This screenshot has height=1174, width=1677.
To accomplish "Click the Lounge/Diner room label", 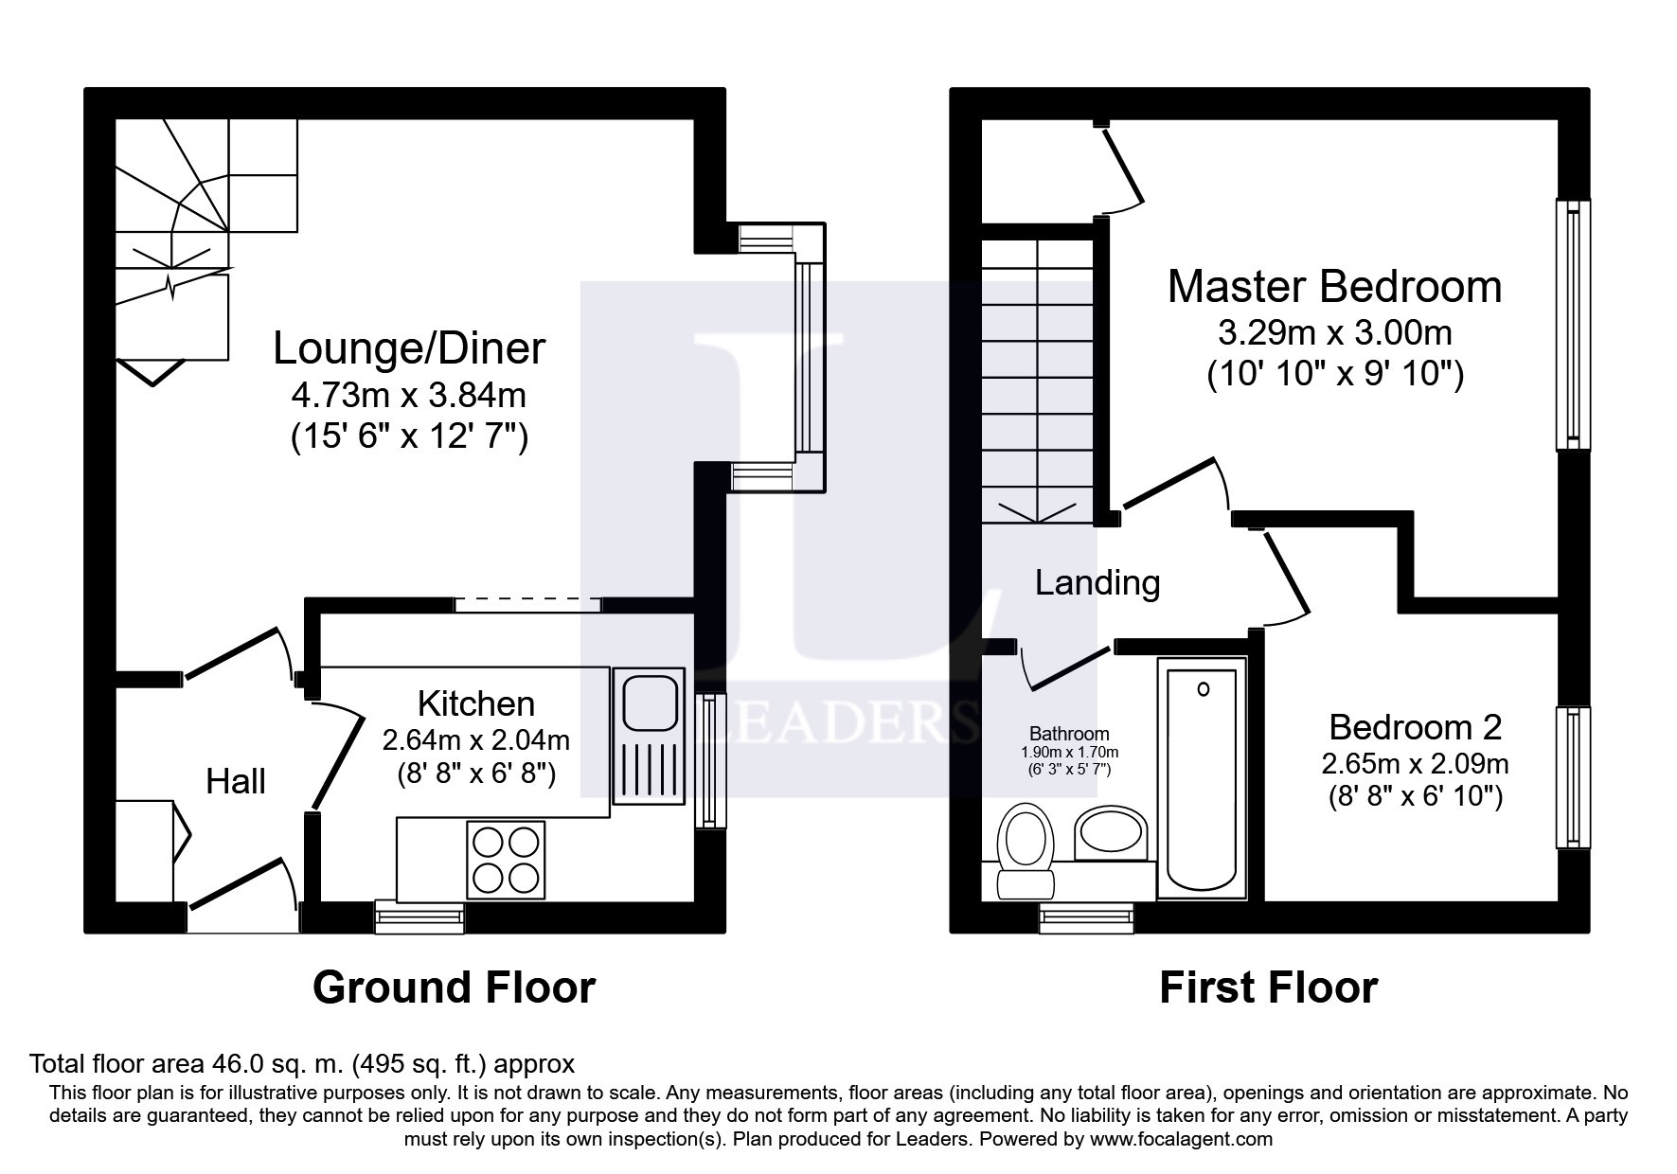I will pyautogui.click(x=409, y=348).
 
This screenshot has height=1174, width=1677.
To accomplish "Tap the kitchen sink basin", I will pyautogui.click(x=648, y=704).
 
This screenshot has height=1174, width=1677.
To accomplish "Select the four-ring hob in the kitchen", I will pyautogui.click(x=506, y=860).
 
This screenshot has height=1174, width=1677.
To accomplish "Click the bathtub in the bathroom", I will pyautogui.click(x=1202, y=781).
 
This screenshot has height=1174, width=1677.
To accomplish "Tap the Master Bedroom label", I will pyautogui.click(x=1333, y=287).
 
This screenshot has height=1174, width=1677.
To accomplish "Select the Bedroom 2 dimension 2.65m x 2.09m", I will pyautogui.click(x=1415, y=763).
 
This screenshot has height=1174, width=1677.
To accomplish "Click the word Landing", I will pyautogui.click(x=1097, y=582).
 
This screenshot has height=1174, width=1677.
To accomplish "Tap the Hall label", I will pyautogui.click(x=236, y=782).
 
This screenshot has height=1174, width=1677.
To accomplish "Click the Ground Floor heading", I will pyautogui.click(x=454, y=987).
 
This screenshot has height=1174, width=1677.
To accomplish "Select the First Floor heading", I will pyautogui.click(x=1267, y=987).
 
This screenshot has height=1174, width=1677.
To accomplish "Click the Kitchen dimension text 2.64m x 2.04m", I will pyautogui.click(x=475, y=738).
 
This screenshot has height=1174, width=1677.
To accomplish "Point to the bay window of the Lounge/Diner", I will pyautogui.click(x=811, y=358).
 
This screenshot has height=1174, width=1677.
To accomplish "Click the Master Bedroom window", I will pyautogui.click(x=1573, y=325).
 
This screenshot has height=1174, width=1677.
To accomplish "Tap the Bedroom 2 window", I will pyautogui.click(x=1573, y=778).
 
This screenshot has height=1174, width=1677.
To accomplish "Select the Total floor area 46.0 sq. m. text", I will pyautogui.click(x=302, y=1063).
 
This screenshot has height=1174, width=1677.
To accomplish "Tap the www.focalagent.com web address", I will pyautogui.click(x=1180, y=1139).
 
